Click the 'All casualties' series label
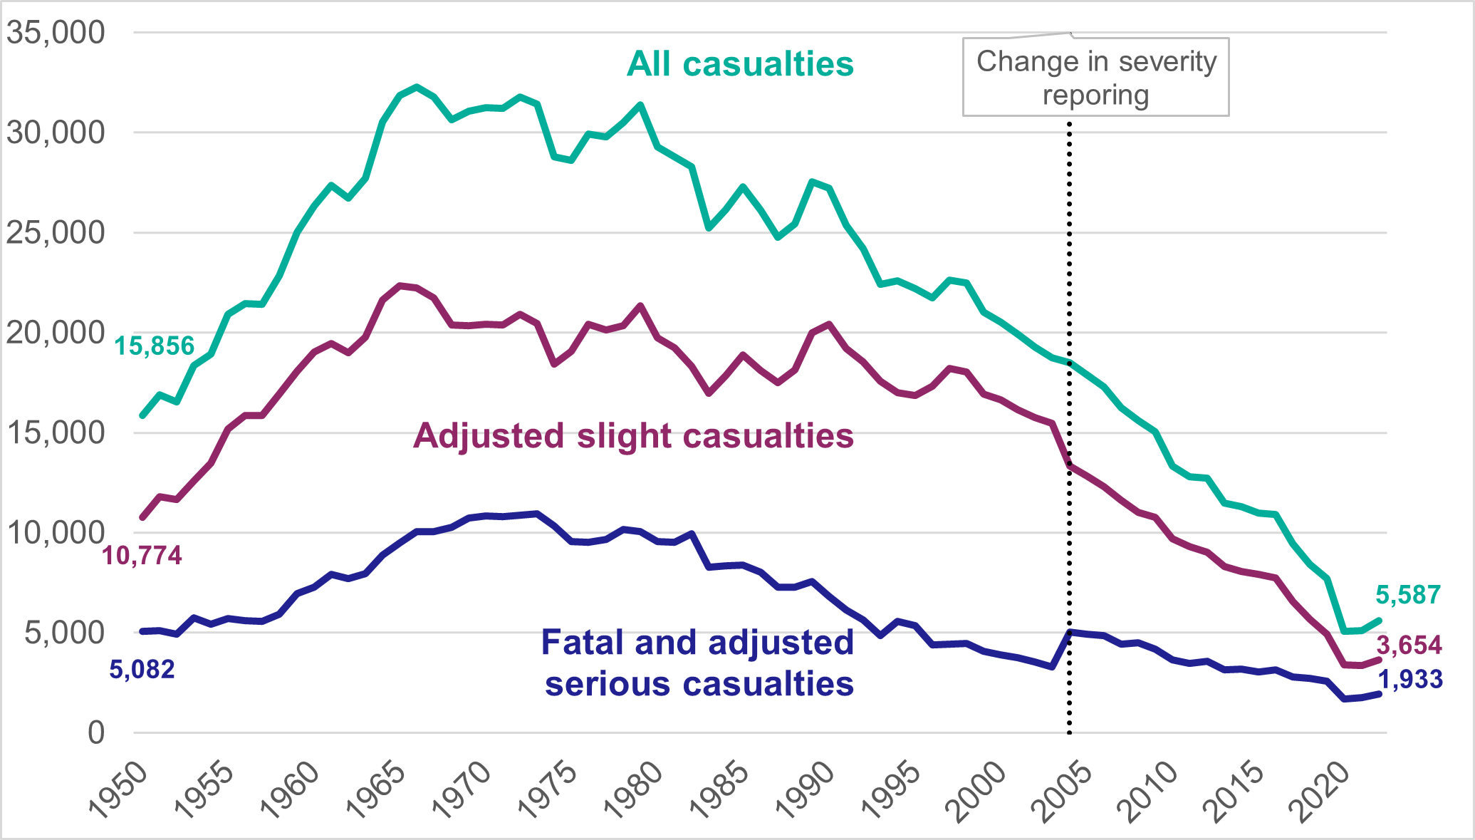(740, 64)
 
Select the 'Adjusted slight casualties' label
(633, 435)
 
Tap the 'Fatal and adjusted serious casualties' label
(698, 663)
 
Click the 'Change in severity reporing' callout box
(1095, 78)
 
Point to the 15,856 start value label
(155, 346)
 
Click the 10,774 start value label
(142, 555)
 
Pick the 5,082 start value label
(142, 670)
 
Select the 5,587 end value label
(1408, 594)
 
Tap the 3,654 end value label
(1409, 645)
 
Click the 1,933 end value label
(1410, 680)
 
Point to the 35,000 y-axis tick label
(56, 32)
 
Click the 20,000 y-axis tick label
(56, 333)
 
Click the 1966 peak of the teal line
(417, 87)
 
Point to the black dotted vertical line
(1069, 427)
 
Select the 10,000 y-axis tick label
(56, 532)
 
